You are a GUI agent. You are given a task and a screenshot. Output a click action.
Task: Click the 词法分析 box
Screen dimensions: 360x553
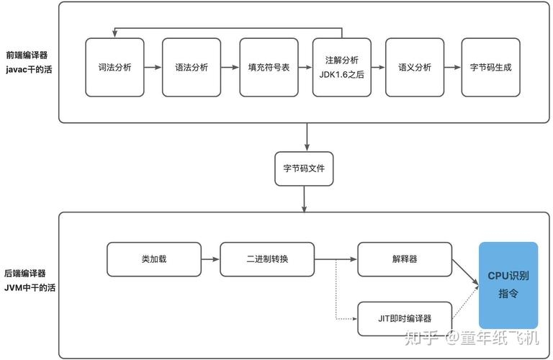114,67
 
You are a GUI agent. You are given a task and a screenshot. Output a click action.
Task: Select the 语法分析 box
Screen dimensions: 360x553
192,67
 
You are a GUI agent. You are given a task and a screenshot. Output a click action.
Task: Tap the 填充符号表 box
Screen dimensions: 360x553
269,67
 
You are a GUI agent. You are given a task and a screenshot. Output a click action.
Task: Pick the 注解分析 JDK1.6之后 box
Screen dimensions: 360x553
342,67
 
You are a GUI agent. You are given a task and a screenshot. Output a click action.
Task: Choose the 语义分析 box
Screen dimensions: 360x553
415,67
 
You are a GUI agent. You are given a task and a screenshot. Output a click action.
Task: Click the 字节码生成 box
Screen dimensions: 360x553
490,67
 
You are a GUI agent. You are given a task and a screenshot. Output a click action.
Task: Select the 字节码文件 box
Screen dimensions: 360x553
305,168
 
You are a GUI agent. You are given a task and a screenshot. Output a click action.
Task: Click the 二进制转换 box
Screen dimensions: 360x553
267,259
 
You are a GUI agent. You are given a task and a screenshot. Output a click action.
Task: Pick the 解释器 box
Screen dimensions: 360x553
405,259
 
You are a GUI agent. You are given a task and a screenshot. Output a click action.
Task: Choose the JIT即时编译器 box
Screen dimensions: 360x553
405,318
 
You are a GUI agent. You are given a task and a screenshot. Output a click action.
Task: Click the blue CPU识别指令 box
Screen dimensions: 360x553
508,285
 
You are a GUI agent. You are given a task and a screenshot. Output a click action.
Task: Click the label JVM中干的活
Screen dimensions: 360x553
30,287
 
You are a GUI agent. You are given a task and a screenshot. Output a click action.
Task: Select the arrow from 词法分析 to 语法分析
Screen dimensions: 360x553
153,68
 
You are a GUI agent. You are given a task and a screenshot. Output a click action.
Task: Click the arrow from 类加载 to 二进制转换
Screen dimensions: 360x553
210,259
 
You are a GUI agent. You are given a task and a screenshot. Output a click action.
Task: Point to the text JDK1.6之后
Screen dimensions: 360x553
342,74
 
